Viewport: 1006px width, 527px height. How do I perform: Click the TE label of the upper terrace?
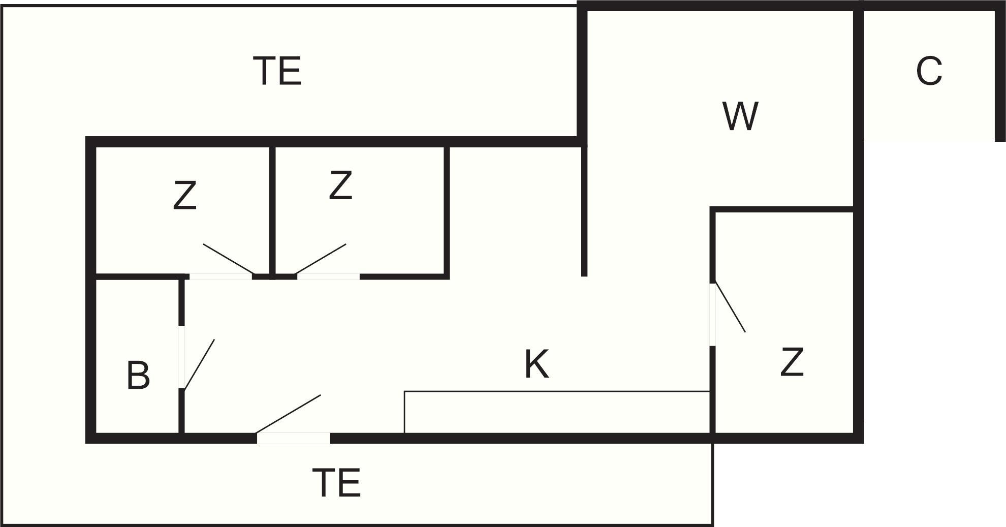pos(277,71)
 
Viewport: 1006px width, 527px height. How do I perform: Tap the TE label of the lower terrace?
pos(336,483)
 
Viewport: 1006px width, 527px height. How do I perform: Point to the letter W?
pos(740,116)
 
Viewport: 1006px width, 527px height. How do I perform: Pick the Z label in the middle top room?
pos(340,185)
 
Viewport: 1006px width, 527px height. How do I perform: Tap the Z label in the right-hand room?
pos(792,362)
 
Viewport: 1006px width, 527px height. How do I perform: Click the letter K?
pos(537,364)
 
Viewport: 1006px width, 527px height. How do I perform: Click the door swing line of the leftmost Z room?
pos(228,259)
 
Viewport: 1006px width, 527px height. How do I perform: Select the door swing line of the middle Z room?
pos(321,259)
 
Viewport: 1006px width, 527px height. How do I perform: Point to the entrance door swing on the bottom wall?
pos(288,414)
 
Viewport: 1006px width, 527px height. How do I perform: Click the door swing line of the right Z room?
pos(730,307)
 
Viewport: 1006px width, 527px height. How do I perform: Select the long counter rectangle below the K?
pos(557,412)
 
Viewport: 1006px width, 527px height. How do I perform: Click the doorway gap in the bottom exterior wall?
pos(294,438)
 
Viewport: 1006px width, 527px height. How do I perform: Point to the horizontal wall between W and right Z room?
pos(781,209)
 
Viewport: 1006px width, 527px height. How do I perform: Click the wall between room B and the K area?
pos(181,356)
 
